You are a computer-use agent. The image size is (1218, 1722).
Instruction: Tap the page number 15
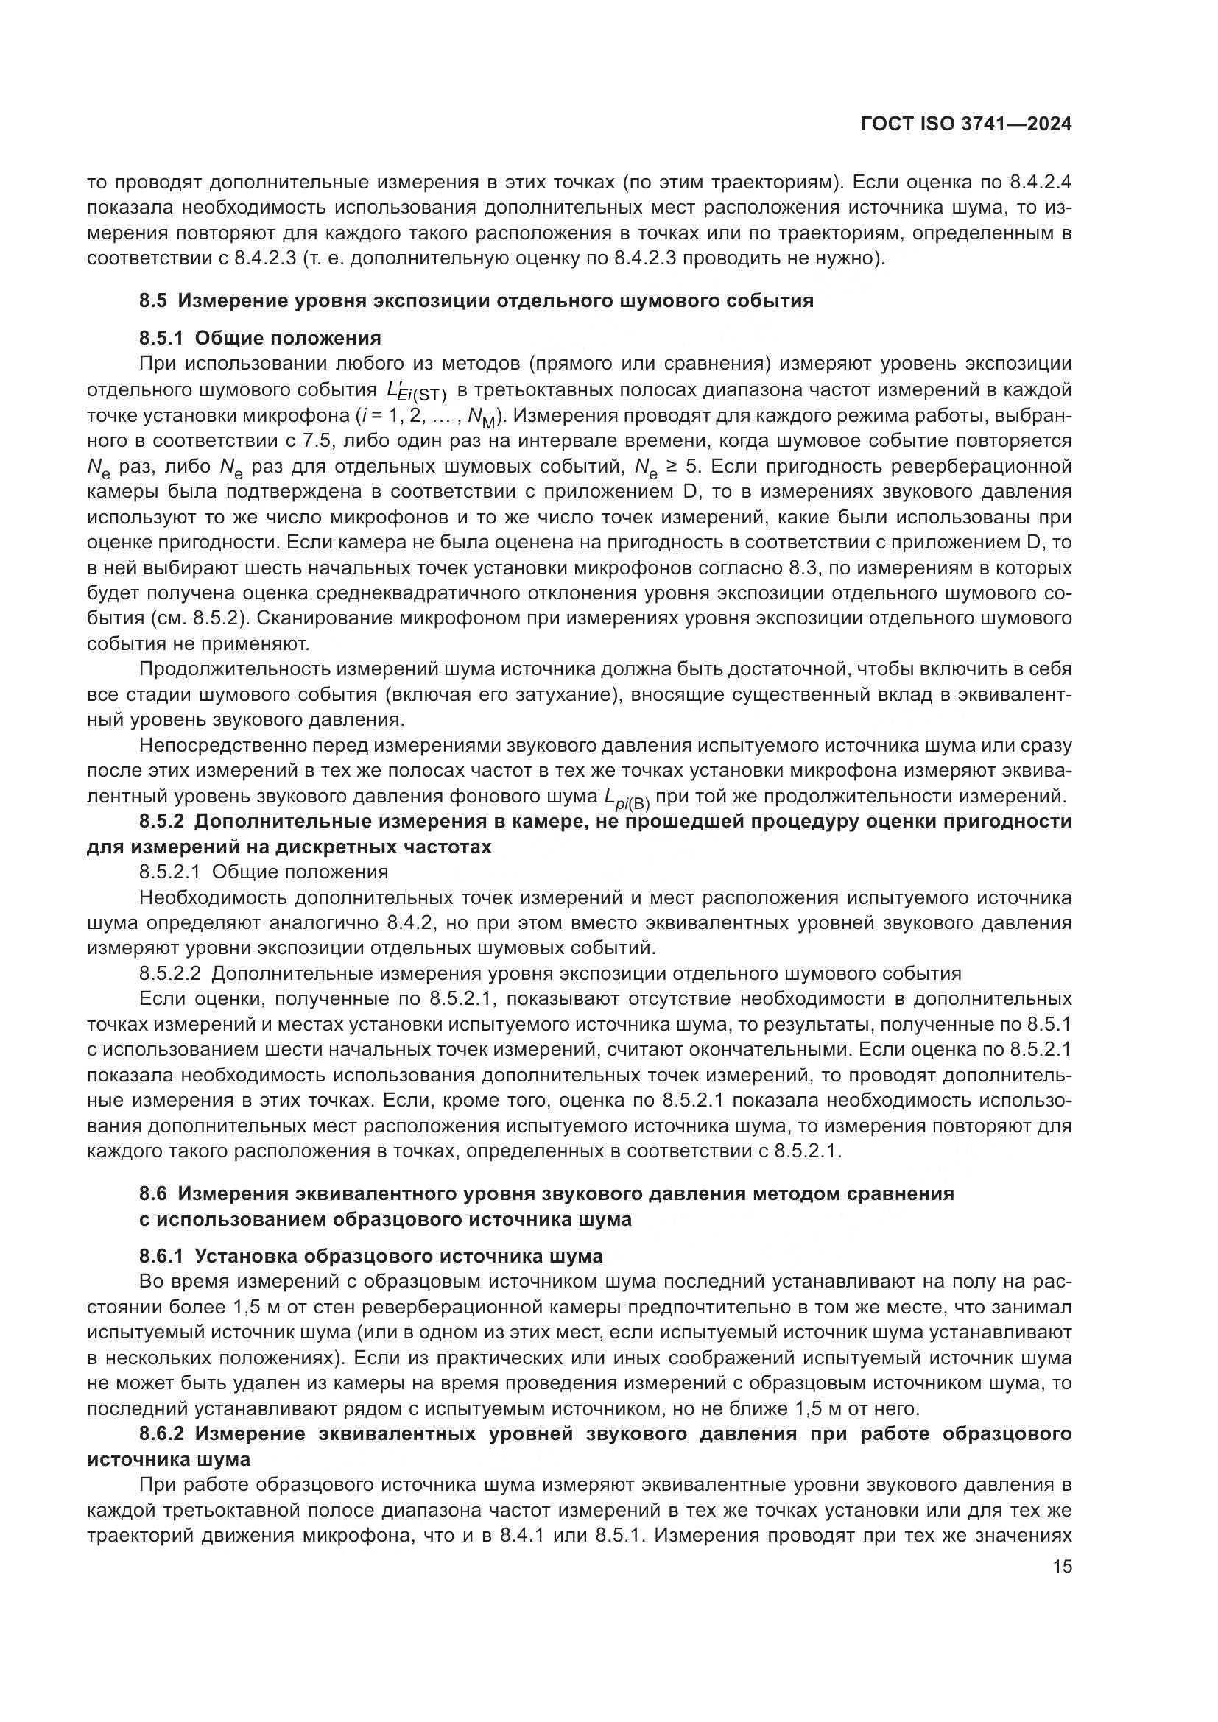pyautogui.click(x=1062, y=1566)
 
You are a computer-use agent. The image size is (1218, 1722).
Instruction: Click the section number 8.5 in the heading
pyautogui.click(x=155, y=301)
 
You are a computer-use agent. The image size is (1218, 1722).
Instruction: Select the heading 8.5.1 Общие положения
pyautogui.click(x=259, y=337)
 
